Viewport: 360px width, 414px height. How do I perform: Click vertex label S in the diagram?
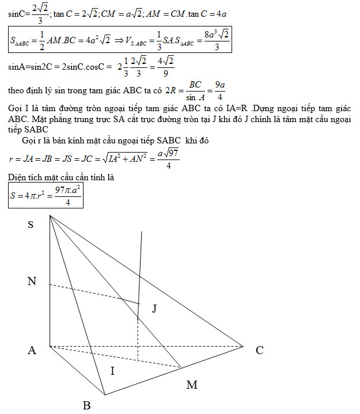(31, 225)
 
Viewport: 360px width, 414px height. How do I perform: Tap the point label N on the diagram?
(32, 282)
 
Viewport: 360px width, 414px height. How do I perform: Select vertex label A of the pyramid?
(32, 350)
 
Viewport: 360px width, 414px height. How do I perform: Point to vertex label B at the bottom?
(86, 405)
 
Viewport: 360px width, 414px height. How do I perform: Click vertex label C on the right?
(260, 350)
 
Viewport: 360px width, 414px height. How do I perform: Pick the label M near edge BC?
(192, 385)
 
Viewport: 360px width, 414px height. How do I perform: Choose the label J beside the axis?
(154, 309)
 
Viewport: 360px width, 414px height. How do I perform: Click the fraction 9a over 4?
(219, 90)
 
